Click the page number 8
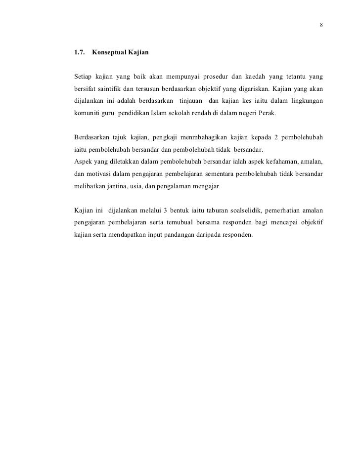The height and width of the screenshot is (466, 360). pos(321,25)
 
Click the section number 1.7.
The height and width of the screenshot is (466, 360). pos(79,52)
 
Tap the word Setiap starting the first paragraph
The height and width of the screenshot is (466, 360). pos(82,77)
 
